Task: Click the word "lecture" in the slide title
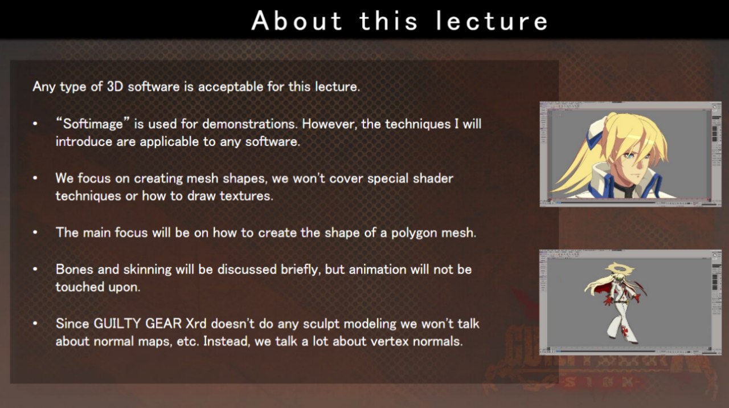tap(492, 21)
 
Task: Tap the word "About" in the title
tap(297, 21)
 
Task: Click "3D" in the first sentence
tap(115, 87)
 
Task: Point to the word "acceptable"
tap(231, 87)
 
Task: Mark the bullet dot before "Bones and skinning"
tap(35, 270)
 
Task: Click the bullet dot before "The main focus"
tap(35, 232)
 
